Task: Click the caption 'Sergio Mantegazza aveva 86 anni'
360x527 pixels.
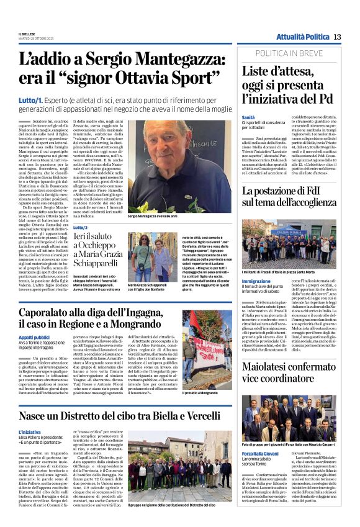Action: [x=156, y=217]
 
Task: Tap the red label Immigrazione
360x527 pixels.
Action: [x=256, y=281]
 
